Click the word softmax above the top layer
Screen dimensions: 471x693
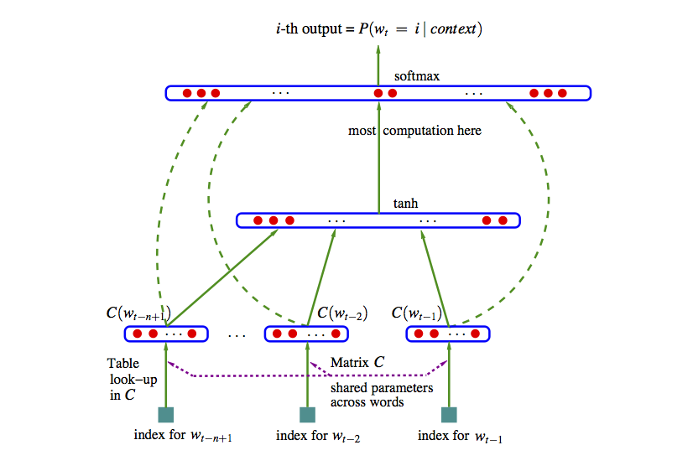[416, 75]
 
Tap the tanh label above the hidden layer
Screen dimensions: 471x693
[406, 204]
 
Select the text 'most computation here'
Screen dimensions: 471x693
[415, 131]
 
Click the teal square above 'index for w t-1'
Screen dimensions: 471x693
[449, 414]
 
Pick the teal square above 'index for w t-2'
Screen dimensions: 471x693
[307, 414]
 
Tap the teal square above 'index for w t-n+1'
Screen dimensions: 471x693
[166, 414]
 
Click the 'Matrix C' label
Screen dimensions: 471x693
[358, 363]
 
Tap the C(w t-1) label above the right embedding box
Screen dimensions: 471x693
[417, 313]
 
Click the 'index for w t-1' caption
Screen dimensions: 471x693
[461, 436]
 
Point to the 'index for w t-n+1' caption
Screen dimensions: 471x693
[182, 436]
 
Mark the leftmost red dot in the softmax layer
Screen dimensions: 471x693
[188, 93]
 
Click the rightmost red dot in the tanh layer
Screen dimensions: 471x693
[503, 220]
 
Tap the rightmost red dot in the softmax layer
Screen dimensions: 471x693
[562, 93]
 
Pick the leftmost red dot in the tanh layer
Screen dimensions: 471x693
[258, 220]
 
